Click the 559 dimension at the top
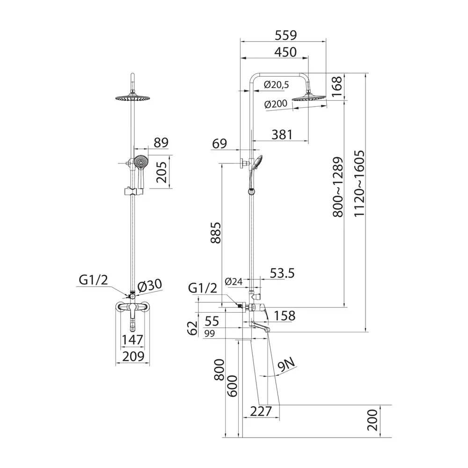(285, 35)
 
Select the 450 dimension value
(285, 52)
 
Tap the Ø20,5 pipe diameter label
(277, 85)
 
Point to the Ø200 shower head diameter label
(276, 104)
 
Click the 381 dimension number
(282, 135)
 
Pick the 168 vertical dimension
(336, 86)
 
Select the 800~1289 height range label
(338, 187)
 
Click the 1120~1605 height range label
(359, 183)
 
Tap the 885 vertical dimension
(216, 233)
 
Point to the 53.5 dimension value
(282, 273)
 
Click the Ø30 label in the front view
(150, 285)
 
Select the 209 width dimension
(133, 356)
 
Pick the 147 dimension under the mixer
(132, 340)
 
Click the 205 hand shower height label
(161, 172)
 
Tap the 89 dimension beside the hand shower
(161, 143)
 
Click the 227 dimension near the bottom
(261, 411)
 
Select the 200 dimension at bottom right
(373, 420)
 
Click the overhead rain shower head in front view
(133, 98)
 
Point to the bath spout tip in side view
(268, 329)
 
